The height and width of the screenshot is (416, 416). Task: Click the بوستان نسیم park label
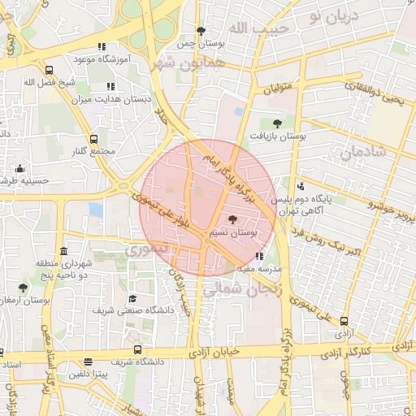click(232, 233)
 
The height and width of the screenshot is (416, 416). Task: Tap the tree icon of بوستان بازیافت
click(278, 123)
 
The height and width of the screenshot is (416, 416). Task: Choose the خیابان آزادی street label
click(215, 353)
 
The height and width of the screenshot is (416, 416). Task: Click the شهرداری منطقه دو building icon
click(64, 251)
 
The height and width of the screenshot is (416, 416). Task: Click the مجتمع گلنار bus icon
click(93, 139)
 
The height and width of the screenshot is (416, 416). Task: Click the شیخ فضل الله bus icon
click(50, 70)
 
